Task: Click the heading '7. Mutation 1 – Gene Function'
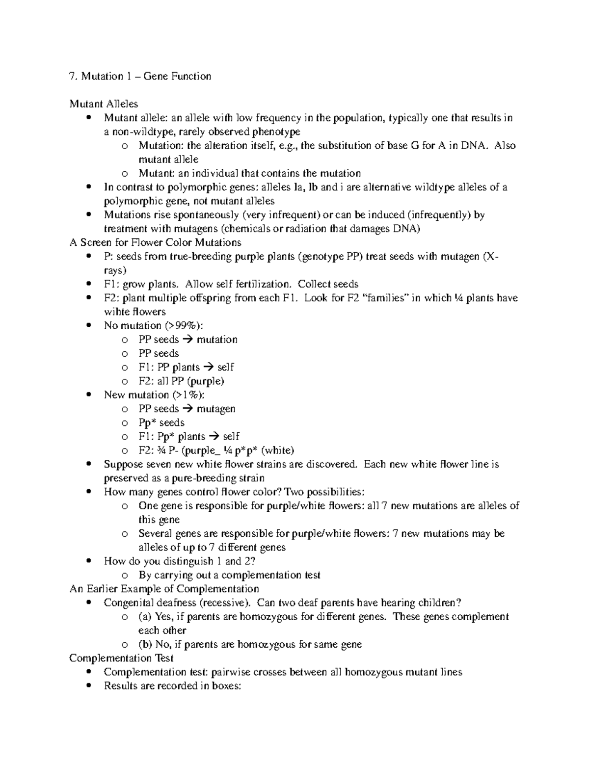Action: click(x=140, y=76)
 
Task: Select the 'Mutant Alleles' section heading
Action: click(x=104, y=104)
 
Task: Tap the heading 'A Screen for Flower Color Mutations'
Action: click(x=156, y=242)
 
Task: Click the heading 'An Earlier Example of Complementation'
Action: click(x=164, y=589)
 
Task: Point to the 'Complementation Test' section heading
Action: click(x=121, y=658)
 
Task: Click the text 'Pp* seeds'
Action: click(x=161, y=423)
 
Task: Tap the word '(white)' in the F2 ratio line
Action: click(x=278, y=450)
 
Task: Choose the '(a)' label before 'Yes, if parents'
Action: click(x=145, y=617)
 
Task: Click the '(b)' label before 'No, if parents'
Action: click(x=146, y=644)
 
